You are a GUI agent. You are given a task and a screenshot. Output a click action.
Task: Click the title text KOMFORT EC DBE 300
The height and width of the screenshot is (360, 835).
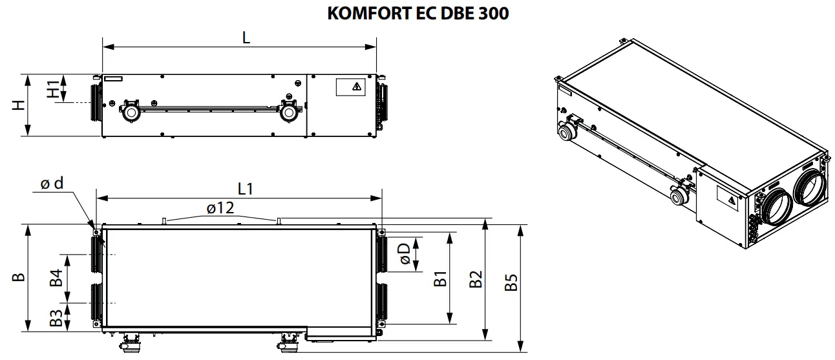(417, 14)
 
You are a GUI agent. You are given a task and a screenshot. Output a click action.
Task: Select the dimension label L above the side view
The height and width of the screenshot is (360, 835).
(246, 38)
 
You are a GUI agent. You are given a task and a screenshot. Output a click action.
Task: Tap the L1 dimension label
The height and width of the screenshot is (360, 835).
(246, 189)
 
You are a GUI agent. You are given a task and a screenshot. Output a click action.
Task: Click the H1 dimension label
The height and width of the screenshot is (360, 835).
(53, 88)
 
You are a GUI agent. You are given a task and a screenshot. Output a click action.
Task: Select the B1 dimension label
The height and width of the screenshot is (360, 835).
(440, 279)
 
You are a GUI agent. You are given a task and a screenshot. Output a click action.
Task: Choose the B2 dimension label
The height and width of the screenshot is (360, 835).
(476, 279)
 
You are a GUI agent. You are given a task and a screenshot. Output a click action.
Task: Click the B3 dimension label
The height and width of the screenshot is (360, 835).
(56, 317)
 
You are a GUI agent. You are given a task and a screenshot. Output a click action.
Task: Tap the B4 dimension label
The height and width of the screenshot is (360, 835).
(56, 278)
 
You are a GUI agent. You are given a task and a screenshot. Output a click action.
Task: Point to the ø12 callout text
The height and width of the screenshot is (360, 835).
(220, 208)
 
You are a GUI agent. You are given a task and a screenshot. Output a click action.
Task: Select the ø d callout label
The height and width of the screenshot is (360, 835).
(52, 184)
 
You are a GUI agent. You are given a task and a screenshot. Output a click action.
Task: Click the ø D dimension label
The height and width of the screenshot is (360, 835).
(405, 253)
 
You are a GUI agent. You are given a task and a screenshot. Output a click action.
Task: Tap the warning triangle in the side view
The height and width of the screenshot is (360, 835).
(354, 87)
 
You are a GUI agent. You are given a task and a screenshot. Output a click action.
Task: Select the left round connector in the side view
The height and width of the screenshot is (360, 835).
(131, 112)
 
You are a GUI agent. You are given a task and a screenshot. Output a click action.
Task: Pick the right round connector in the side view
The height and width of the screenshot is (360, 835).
(288, 112)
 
